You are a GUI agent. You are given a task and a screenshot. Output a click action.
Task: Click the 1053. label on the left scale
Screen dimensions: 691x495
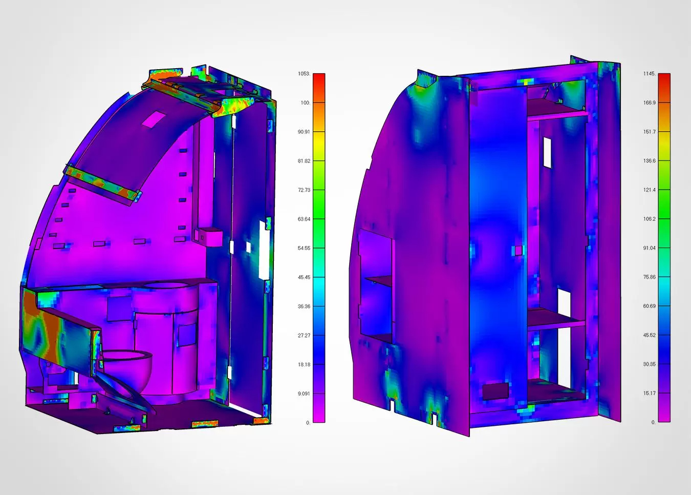(x=304, y=73)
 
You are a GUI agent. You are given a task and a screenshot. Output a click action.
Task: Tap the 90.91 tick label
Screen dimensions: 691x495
(x=304, y=132)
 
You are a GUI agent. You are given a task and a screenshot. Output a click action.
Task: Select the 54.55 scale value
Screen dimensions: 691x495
(x=304, y=249)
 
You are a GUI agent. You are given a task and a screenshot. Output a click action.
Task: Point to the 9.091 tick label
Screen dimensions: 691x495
(x=304, y=394)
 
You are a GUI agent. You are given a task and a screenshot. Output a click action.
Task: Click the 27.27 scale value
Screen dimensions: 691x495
(x=304, y=335)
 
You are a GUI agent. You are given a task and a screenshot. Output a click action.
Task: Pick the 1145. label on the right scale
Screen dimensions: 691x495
(x=650, y=73)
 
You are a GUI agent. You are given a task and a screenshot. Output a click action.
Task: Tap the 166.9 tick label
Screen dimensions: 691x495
(x=650, y=102)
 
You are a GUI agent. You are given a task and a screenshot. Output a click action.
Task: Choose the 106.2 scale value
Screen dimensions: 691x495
(x=650, y=219)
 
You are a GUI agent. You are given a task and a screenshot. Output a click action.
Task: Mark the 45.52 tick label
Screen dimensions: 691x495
(x=650, y=335)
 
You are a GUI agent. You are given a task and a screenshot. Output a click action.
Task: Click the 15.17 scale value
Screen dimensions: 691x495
(x=650, y=393)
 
